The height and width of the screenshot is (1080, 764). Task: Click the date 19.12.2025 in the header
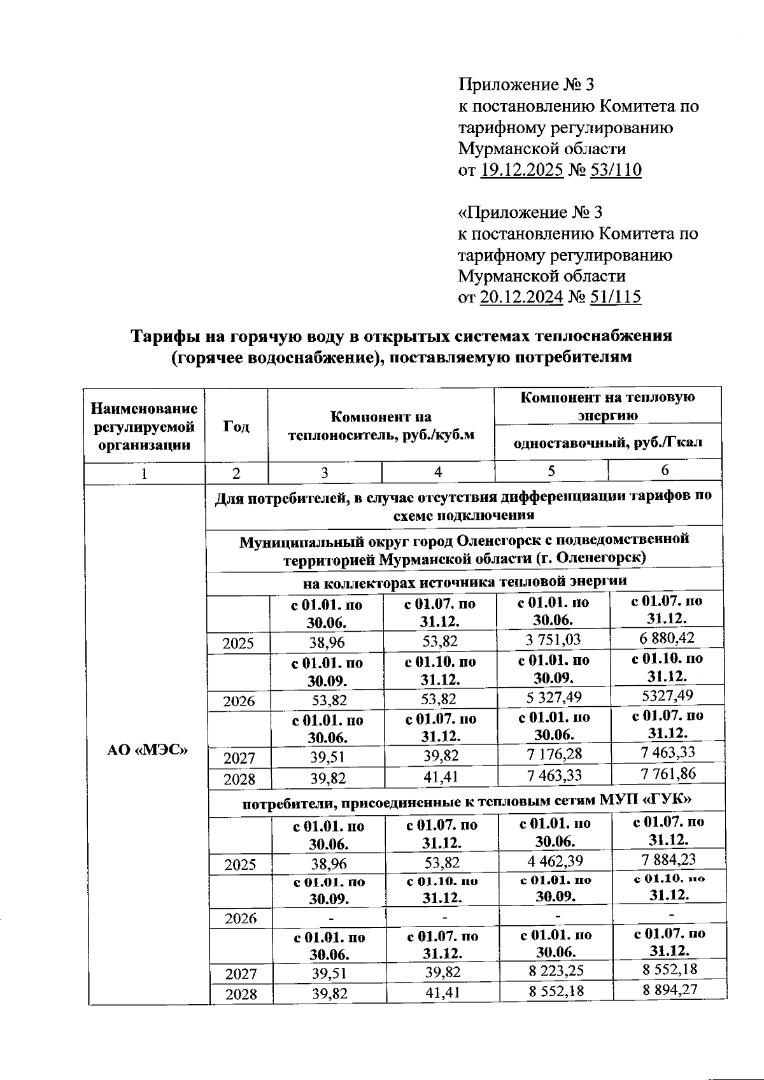tap(521, 170)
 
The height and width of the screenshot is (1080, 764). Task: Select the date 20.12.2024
tap(521, 297)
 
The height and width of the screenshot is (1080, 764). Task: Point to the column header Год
tap(236, 426)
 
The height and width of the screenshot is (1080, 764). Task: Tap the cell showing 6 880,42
tap(667, 638)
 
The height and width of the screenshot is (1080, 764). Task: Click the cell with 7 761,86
tap(667, 774)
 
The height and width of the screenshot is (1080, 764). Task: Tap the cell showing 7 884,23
tap(668, 859)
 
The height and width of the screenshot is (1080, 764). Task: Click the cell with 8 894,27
tap(669, 990)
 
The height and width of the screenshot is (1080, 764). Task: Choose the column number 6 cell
tap(665, 471)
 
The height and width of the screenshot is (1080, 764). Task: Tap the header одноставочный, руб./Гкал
tap(608, 443)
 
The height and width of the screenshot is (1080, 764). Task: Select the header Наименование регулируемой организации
tap(144, 426)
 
